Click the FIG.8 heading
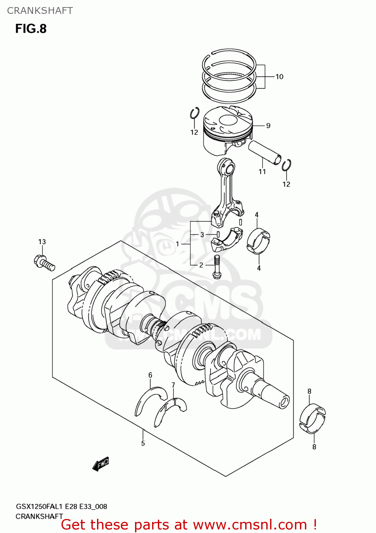point(31,28)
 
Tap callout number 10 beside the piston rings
point(279,77)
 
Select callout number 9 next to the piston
point(268,126)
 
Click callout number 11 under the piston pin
point(262,172)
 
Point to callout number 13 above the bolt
point(42,242)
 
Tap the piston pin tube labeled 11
point(265,152)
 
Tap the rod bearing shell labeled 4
point(258,241)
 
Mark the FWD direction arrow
point(100,464)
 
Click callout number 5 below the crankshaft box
point(143,443)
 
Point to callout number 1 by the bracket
point(177,244)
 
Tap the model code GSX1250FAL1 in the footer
point(40,506)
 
